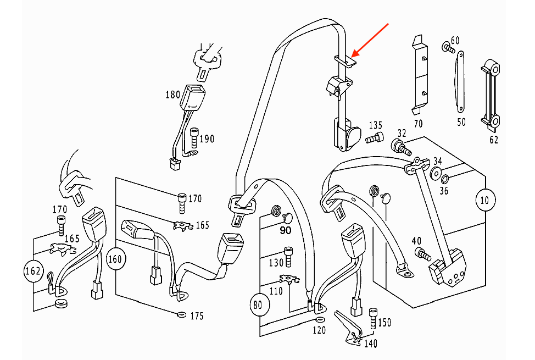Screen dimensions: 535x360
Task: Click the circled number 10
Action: point(485,200)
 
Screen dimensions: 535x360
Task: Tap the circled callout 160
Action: point(116,259)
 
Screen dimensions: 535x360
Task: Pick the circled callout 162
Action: point(34,271)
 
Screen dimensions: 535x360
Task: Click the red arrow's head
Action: point(355,54)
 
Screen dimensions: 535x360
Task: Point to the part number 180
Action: point(172,95)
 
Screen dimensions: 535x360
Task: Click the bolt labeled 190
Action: point(194,138)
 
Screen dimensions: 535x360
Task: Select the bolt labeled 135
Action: point(374,138)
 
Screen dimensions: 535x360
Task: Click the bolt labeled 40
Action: point(423,254)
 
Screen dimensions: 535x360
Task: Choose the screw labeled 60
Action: point(448,48)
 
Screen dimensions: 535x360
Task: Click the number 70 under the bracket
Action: point(419,123)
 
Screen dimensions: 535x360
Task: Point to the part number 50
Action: point(461,122)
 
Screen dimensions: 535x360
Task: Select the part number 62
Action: point(493,140)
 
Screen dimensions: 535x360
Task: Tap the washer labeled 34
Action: point(436,174)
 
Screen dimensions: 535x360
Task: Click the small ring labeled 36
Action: point(445,179)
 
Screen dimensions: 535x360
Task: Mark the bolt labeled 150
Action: point(374,318)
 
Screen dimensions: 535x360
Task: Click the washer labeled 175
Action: point(182,314)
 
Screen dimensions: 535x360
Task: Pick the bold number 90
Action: point(286,230)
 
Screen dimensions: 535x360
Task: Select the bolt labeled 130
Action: point(288,256)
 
